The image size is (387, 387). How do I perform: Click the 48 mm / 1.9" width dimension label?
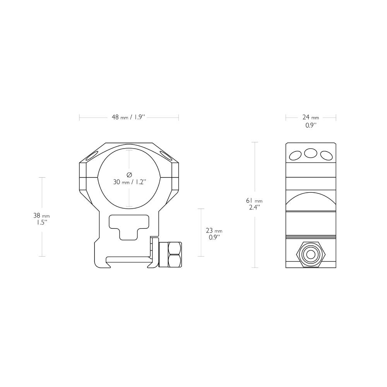pyautogui.click(x=128, y=117)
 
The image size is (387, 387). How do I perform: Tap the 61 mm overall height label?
pyautogui.click(x=254, y=204)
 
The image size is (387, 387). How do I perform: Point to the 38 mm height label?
pyautogui.click(x=41, y=219)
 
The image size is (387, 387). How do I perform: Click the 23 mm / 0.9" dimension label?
pyautogui.click(x=214, y=234)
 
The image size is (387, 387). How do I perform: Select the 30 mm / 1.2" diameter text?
pyautogui.click(x=129, y=182)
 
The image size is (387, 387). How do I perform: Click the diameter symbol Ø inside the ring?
pyautogui.click(x=129, y=174)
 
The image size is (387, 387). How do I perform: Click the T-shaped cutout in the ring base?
pyautogui.click(x=129, y=226)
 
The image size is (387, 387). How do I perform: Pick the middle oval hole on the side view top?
pyautogui.click(x=310, y=153)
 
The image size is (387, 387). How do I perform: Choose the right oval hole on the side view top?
pyautogui.click(x=326, y=156)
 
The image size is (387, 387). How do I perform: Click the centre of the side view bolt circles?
pyautogui.click(x=310, y=254)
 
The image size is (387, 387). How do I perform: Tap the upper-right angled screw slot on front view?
pyautogui.click(x=169, y=156)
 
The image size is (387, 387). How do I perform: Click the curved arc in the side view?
pyautogui.click(x=310, y=199)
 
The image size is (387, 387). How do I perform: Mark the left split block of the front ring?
pyautogui.click(x=83, y=176)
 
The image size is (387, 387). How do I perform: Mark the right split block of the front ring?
pyautogui.click(x=175, y=176)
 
